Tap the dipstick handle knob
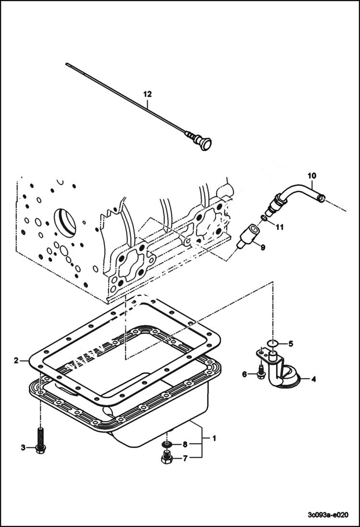pos(205,144)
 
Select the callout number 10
pos(312,175)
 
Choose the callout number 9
pos(262,247)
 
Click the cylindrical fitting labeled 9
pos(248,235)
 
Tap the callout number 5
pos(291,343)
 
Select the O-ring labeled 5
pos(272,343)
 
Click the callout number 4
pos(313,380)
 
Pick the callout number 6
pos(244,374)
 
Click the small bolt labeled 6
pos(261,371)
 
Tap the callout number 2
pos(16,360)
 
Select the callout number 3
pos(23,448)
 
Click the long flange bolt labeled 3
pos(40,440)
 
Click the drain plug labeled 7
pos(166,458)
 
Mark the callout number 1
pos(214,438)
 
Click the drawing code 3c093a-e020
pos(327,514)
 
